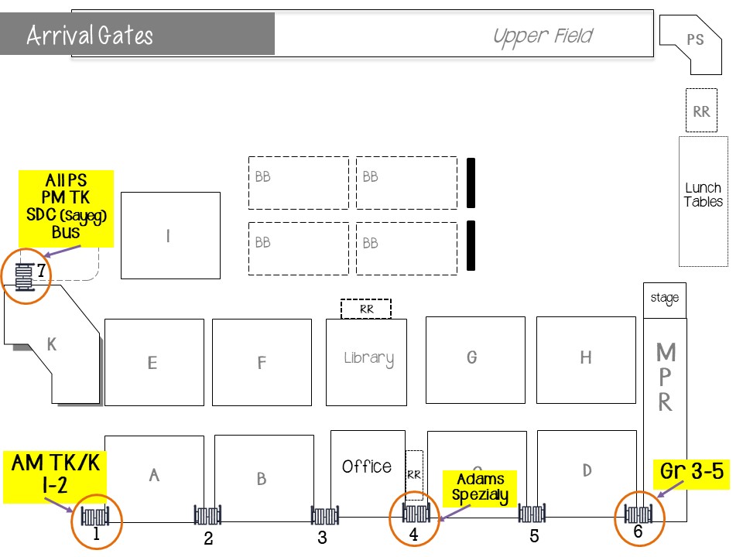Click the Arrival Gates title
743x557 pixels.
(90, 36)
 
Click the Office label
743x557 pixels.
(367, 466)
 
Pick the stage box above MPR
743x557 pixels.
(665, 298)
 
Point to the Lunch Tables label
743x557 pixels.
(703, 195)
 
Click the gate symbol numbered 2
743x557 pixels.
(208, 514)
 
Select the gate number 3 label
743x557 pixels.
(322, 538)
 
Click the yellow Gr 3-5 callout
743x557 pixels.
(692, 470)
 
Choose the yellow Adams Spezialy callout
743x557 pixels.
(478, 487)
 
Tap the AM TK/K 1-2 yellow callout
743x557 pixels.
(56, 474)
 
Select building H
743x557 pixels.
(585, 358)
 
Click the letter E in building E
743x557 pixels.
(152, 363)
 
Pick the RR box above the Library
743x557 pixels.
(365, 309)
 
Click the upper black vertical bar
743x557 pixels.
(471, 183)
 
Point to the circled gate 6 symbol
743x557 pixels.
(640, 513)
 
